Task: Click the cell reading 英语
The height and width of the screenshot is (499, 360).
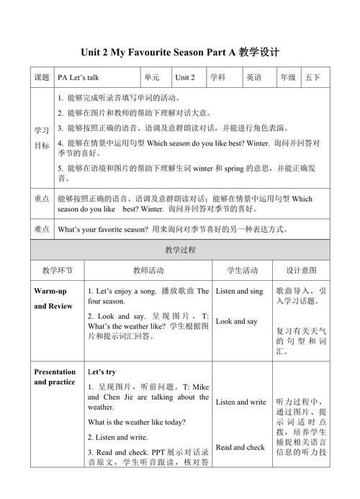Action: (x=253, y=77)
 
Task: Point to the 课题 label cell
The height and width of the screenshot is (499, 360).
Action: (x=42, y=77)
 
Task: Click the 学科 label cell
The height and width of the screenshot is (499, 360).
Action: (x=218, y=77)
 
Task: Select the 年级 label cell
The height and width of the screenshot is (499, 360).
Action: (x=288, y=77)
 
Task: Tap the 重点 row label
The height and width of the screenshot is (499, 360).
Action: (x=42, y=199)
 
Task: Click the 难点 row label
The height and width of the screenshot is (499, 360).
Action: (x=42, y=229)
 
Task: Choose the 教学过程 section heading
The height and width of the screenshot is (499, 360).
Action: (x=180, y=250)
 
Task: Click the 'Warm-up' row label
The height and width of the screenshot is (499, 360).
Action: (x=50, y=291)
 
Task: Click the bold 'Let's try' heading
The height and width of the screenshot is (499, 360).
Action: (x=102, y=372)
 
